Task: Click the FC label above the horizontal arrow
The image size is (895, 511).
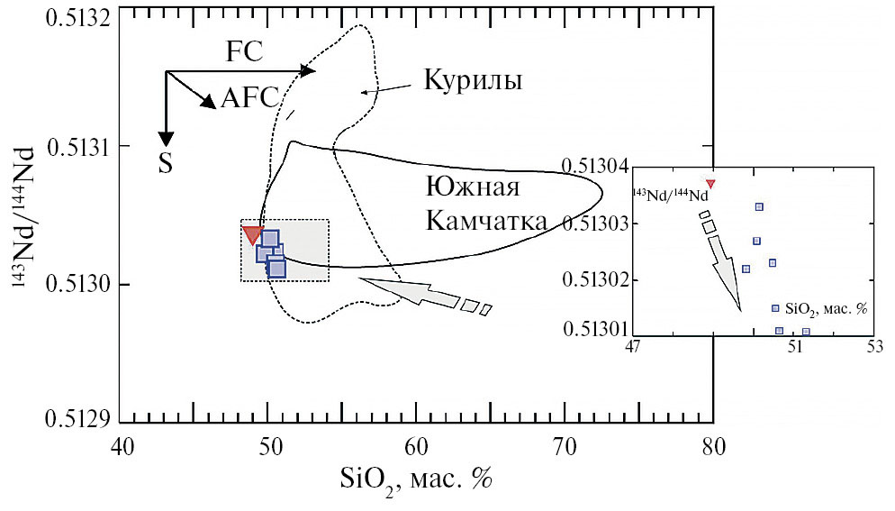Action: point(244,51)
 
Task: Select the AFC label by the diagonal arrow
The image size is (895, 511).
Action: point(249,97)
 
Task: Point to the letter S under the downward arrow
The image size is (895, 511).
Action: point(166,163)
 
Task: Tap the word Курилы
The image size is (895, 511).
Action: point(473,80)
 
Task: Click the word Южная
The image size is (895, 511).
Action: point(474,187)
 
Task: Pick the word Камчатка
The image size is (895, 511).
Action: point(486,221)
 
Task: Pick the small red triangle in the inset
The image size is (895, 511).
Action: point(710,184)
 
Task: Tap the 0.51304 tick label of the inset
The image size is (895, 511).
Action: point(595,167)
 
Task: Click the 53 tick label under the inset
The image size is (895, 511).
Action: point(873,346)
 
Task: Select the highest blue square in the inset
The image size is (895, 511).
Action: point(759,206)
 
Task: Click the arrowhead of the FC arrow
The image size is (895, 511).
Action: point(308,71)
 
